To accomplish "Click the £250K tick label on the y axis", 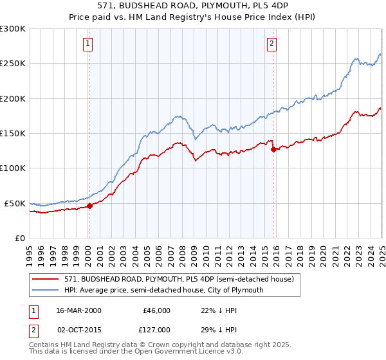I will pos(13,64).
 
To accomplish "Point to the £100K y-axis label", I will pos(13,168).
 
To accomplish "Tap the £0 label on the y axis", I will pos(20,238).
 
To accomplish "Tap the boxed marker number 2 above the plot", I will pos(272,44).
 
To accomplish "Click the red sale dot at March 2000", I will pos(90,206).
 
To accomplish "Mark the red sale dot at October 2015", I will pos(273,149).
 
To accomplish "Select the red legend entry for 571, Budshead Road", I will pos(179,279).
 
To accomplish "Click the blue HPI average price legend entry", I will pos(164,290).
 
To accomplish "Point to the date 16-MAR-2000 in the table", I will pos(78,310).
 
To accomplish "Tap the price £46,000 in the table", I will pos(156,310).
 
